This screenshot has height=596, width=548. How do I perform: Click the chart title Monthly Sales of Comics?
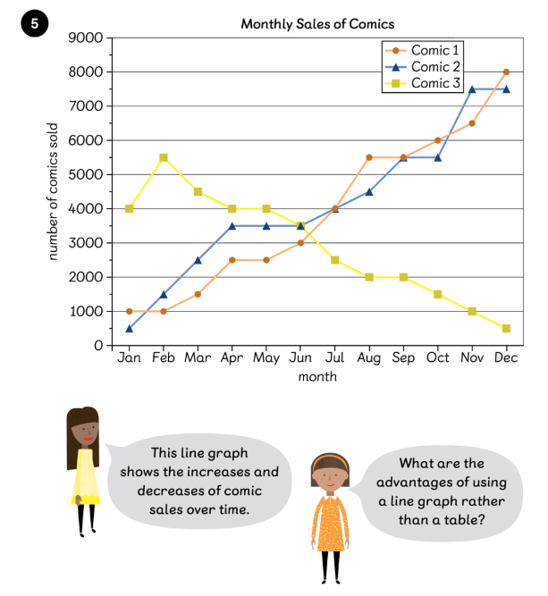(x=317, y=24)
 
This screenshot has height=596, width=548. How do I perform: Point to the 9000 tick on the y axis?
(x=89, y=38)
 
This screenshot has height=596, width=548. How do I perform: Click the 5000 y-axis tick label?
(x=89, y=175)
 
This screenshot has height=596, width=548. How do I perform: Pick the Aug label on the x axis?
(x=368, y=358)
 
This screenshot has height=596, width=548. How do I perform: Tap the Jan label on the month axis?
(x=130, y=358)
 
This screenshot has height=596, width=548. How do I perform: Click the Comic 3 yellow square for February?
(x=164, y=157)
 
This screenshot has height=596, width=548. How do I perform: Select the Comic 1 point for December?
(x=506, y=71)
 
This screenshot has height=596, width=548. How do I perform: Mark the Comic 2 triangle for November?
(x=472, y=89)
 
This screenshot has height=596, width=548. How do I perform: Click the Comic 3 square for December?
(x=506, y=329)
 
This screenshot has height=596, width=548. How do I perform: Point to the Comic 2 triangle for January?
(x=130, y=329)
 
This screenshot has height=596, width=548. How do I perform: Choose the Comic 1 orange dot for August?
(x=369, y=157)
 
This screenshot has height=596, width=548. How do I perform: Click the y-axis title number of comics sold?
(x=54, y=191)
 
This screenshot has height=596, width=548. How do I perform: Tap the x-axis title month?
(x=317, y=376)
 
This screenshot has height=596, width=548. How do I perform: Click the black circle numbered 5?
(x=34, y=24)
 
